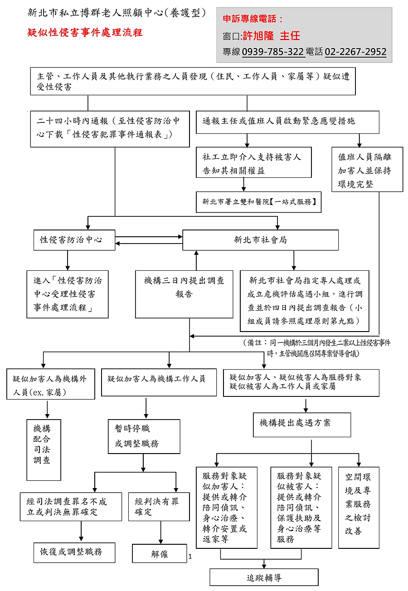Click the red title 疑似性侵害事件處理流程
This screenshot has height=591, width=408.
[x=85, y=33]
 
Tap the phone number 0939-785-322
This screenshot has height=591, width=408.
[x=273, y=52]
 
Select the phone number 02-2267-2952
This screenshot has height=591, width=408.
[x=355, y=52]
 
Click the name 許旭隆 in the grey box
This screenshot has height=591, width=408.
[x=259, y=36]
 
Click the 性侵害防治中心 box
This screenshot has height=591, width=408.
[x=74, y=240]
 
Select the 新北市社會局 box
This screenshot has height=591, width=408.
[x=260, y=240]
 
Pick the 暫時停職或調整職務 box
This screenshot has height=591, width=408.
[x=144, y=436]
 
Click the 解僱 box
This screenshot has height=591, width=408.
[x=159, y=553]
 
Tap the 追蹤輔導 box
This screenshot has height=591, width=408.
[x=264, y=577]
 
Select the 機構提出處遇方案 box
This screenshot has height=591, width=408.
[x=301, y=424]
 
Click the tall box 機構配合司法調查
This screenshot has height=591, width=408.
[x=44, y=449]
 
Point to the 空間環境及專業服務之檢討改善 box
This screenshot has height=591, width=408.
[x=359, y=507]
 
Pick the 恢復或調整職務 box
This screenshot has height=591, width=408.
[x=74, y=552]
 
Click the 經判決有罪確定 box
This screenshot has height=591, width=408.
[x=159, y=507]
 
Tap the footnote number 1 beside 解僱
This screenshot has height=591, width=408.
[x=190, y=556]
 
